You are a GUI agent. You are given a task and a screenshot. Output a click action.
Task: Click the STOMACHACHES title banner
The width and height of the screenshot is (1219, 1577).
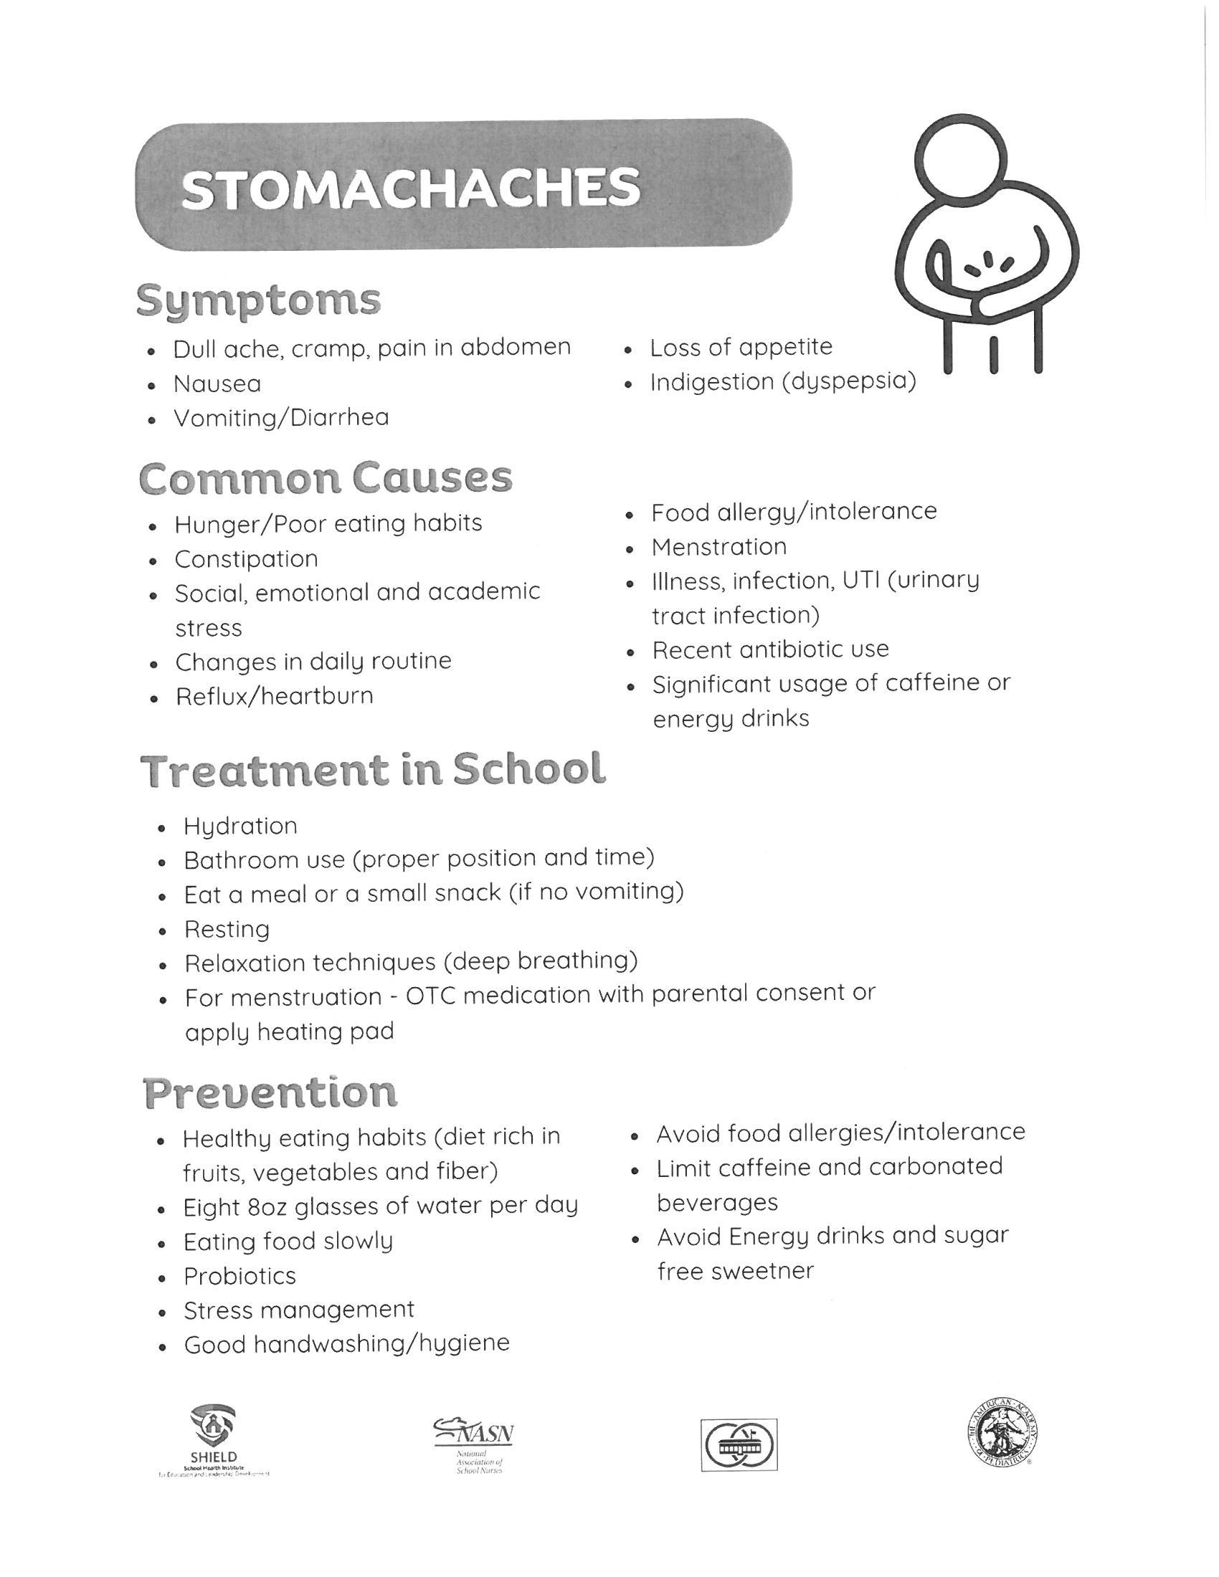(463, 186)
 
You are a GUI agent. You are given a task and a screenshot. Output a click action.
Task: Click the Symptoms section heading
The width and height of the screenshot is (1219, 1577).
(259, 300)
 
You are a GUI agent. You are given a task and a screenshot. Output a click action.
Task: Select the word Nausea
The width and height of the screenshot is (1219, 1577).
(217, 384)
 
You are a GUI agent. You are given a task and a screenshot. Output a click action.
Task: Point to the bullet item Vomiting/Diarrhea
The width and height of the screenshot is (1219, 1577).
(281, 418)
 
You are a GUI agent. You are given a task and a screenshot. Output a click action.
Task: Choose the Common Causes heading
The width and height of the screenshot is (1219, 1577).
(326, 478)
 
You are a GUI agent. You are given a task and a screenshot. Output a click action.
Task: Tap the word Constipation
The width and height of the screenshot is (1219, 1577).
(246, 559)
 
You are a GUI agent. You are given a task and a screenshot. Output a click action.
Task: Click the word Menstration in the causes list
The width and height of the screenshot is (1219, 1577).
(718, 547)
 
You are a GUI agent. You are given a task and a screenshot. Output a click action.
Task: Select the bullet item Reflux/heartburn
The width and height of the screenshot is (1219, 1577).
(275, 696)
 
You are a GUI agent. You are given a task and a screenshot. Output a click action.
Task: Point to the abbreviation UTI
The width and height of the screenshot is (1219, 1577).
(860, 581)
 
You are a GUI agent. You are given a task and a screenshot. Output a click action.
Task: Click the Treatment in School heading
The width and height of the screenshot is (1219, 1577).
(373, 770)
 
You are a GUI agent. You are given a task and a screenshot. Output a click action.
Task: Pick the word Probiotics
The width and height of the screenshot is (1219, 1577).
(239, 1276)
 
